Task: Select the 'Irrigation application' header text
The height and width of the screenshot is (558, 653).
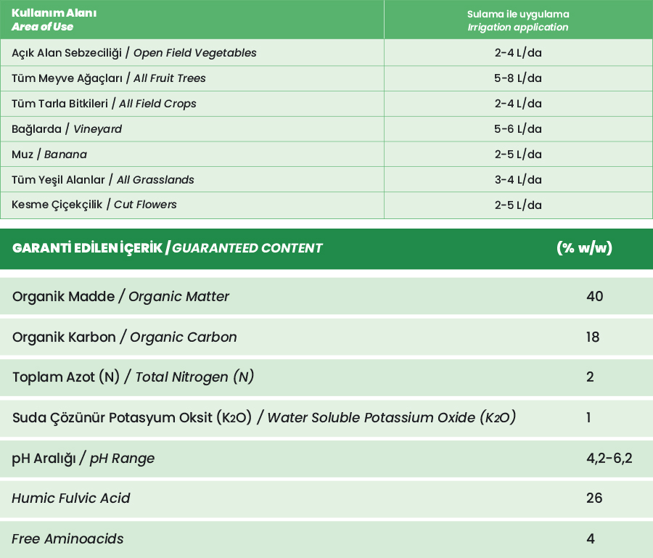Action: (517, 28)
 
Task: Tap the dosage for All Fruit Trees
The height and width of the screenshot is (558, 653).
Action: (518, 78)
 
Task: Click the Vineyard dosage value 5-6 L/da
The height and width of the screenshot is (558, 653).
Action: (518, 129)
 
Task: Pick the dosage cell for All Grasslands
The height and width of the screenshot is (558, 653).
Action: (518, 180)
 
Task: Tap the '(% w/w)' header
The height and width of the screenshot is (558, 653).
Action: (584, 248)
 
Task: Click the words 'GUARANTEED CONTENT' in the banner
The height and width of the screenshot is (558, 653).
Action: (247, 248)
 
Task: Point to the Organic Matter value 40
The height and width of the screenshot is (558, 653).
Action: (594, 296)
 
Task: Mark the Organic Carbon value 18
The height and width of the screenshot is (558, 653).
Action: (593, 337)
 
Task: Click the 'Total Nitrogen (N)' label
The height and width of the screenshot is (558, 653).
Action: (194, 377)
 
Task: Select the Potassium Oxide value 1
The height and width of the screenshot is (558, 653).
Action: (588, 418)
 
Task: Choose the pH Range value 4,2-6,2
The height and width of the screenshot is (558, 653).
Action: (609, 459)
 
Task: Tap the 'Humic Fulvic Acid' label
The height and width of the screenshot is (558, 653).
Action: (71, 498)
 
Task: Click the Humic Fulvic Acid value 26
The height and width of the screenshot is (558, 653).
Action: (594, 498)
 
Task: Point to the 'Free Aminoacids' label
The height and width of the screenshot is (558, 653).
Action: (67, 539)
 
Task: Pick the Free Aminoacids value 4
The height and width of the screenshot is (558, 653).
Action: (591, 539)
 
